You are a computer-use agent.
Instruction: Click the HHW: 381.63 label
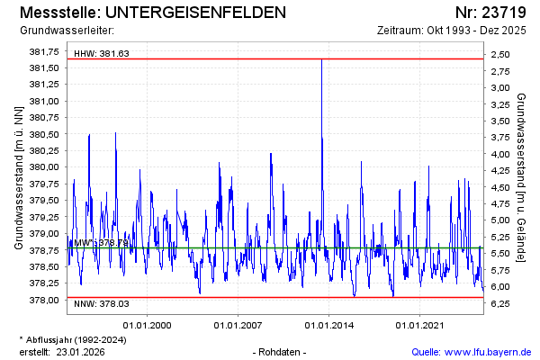click(x=102, y=53)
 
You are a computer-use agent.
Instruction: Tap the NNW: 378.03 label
click(x=102, y=304)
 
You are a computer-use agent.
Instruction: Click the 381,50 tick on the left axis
click(x=44, y=67)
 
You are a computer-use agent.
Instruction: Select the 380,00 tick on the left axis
click(x=44, y=167)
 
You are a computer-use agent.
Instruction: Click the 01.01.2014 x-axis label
click(x=330, y=325)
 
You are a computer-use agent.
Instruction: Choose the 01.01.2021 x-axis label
click(x=422, y=325)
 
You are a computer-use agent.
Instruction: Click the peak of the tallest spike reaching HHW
click(x=321, y=59)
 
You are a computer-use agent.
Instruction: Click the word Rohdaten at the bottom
click(x=282, y=352)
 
